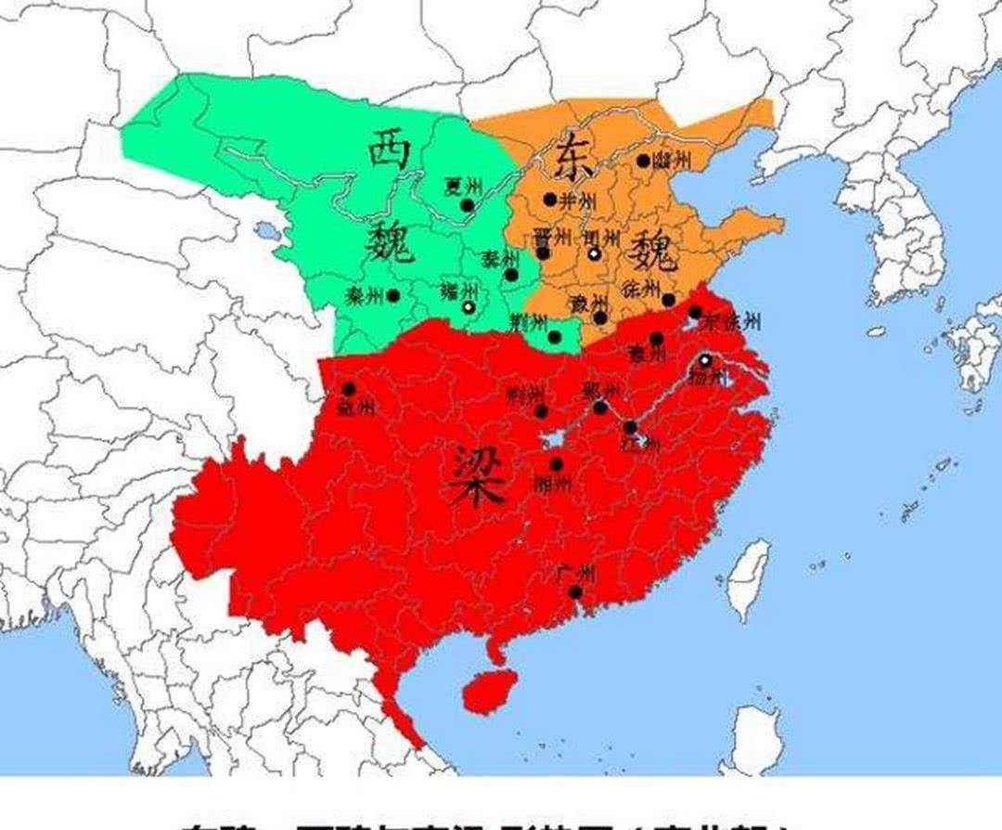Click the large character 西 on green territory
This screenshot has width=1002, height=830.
tap(388, 150)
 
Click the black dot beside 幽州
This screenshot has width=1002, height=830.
tap(643, 161)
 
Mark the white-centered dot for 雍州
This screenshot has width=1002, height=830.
tap(469, 306)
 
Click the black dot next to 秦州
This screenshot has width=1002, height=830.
tap(393, 296)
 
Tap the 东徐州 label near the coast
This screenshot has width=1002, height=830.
tap(733, 322)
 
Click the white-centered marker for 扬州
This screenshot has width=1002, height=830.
tap(705, 360)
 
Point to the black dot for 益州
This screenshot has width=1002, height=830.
tap(349, 389)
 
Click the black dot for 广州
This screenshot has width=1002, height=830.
tap(575, 592)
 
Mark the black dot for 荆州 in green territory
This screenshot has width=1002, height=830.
tap(555, 337)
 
